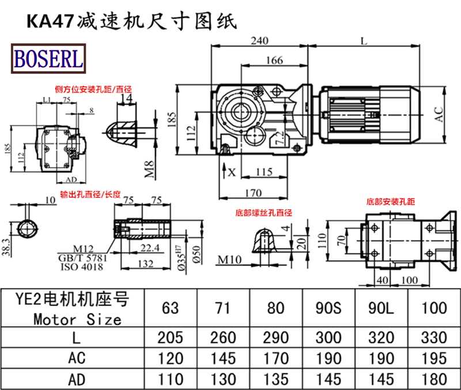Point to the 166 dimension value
[275, 60]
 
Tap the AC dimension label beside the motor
[439, 114]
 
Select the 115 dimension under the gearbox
[263, 171]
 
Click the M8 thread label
[149, 168]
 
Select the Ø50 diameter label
[197, 251]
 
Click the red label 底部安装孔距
[390, 202]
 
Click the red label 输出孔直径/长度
[89, 194]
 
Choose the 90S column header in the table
[330, 308]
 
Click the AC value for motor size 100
[434, 358]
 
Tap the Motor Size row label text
[77, 319]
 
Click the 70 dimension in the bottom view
[341, 240]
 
